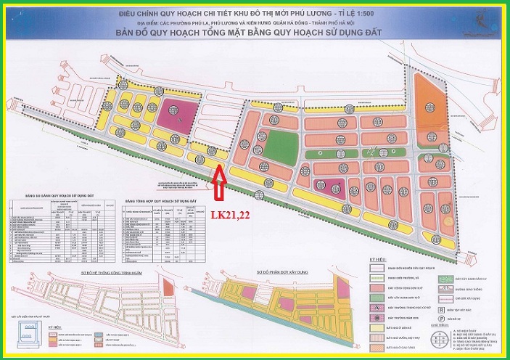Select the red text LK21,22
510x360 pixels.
[x=230, y=216]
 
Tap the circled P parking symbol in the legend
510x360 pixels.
[x=440, y=317]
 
